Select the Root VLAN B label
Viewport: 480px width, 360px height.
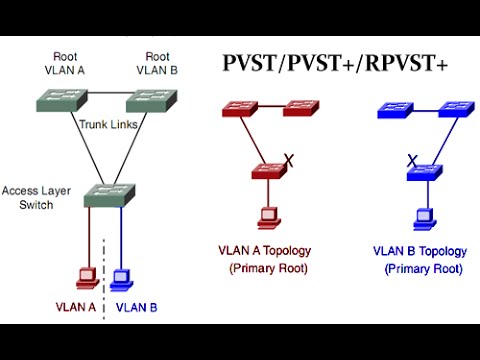pos(158,65)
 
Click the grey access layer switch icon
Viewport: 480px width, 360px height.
pos(106,194)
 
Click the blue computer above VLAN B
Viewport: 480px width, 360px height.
pos(122,276)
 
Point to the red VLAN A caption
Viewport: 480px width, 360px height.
pos(74,307)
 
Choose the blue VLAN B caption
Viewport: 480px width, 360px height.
pos(137,307)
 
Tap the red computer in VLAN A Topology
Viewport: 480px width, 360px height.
pos(268,216)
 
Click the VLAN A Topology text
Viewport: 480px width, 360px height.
pos(265,250)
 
